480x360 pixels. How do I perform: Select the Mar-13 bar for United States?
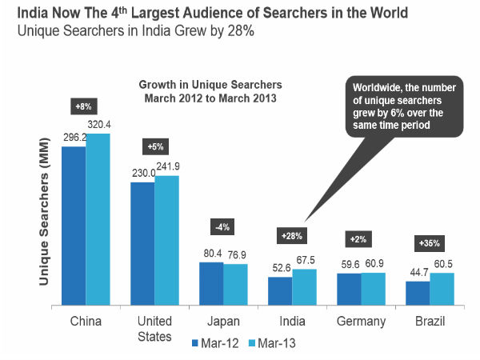click(166, 241)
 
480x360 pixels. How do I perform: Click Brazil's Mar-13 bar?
click(441, 290)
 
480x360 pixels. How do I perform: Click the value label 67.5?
click(306, 261)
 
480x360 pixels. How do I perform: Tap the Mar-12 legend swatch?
click(196, 343)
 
